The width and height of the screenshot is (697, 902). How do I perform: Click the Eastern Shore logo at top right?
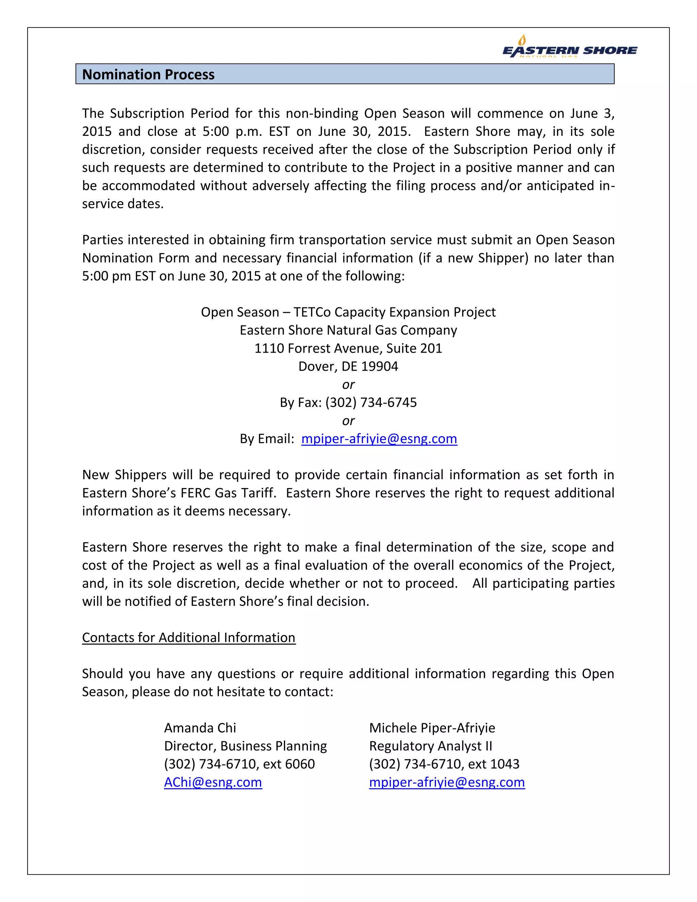[x=569, y=49]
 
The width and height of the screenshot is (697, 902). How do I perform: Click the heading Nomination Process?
[x=148, y=74]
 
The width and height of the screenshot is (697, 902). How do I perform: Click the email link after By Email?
[x=379, y=439]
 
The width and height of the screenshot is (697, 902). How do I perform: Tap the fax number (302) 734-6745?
[x=371, y=402]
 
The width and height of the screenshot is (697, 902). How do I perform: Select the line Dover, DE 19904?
[x=348, y=366]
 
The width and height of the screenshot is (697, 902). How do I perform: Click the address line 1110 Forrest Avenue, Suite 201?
[x=348, y=348]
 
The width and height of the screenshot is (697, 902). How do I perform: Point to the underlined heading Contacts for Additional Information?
[x=189, y=637]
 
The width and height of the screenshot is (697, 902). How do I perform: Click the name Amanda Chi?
[x=200, y=728]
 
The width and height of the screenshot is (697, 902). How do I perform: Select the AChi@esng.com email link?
[x=213, y=782]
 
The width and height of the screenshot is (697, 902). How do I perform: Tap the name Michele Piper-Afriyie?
[x=432, y=728]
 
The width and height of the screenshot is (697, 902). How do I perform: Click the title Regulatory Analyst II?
[x=430, y=746]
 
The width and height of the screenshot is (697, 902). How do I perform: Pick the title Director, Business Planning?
[x=245, y=746]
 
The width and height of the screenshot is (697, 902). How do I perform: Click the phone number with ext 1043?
[x=444, y=764]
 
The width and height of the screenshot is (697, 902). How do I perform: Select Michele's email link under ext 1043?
[x=447, y=782]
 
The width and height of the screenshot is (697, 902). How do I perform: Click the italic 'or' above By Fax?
[x=348, y=385]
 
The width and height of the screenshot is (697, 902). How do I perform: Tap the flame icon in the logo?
[x=522, y=40]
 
